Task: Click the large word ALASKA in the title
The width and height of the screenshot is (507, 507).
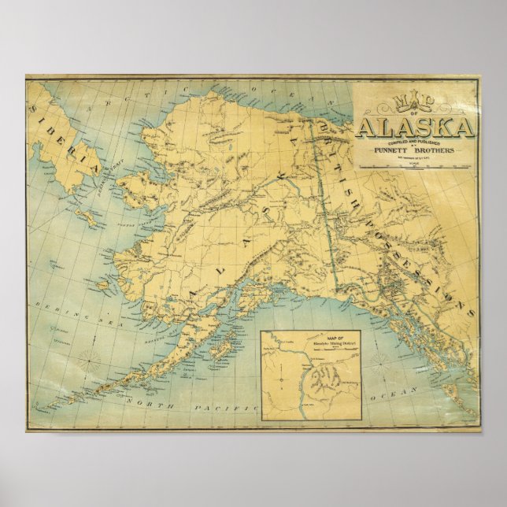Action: (416, 126)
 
